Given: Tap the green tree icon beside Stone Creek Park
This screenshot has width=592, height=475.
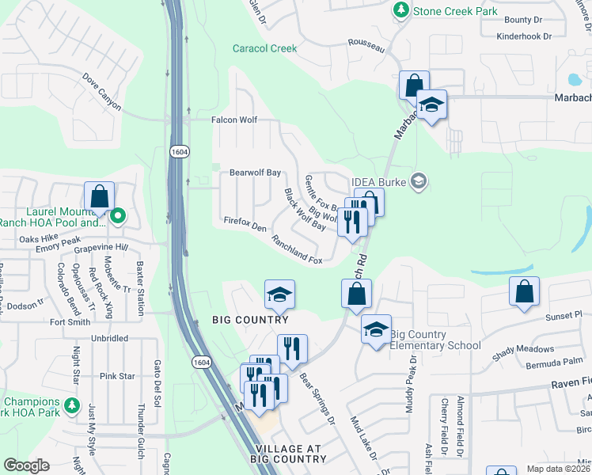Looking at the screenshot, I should pos(401,10).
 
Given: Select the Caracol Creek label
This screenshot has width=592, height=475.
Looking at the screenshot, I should pos(265,48).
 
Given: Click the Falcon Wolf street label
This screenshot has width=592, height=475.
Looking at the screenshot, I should pos(234,120).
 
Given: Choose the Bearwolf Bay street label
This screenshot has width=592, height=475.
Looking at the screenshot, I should pos(255,172).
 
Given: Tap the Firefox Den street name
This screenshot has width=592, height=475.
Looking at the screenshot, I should pos(245,225).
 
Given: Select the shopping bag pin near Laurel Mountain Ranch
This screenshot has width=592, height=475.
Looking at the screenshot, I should pos(100,196).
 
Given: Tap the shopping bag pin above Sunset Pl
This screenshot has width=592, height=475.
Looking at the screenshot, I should pos(525,291).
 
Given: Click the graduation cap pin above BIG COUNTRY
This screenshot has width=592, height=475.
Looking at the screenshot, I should pos(279,294).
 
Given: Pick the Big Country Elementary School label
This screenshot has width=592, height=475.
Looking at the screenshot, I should pos(435,340).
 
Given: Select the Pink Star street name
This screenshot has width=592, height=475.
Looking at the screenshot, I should pos(117,376).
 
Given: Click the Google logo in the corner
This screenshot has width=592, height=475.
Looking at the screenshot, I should pos(27,465).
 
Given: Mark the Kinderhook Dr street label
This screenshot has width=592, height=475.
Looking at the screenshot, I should pos(533,36).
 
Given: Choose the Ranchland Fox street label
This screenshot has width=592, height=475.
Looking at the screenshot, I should pos(297,249).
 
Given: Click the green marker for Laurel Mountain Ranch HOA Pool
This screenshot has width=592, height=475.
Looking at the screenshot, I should pos(118,215).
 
